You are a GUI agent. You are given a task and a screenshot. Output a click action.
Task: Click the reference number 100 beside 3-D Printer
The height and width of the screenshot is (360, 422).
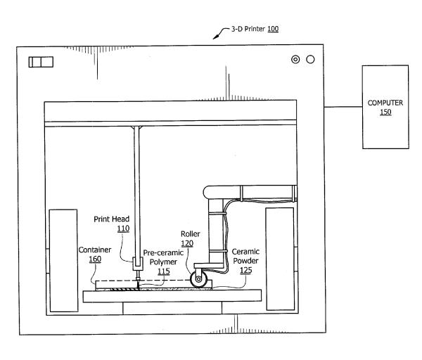coord(273,29)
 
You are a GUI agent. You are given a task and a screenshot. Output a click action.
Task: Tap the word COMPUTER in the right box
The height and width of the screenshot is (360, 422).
coord(385,103)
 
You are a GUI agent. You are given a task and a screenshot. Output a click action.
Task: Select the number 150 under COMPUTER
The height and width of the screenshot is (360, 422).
coord(385,112)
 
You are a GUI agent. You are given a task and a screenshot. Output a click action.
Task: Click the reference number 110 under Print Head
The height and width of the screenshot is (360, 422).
coord(123,229)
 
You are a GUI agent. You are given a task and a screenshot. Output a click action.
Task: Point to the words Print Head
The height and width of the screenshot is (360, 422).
coord(111,219)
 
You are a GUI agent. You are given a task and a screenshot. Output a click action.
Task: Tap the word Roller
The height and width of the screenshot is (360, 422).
coord(191,234)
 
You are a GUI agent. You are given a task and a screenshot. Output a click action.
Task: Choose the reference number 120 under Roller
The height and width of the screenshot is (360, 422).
coord(187,243)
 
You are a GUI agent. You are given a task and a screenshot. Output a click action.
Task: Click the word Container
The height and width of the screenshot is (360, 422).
coord(95,250)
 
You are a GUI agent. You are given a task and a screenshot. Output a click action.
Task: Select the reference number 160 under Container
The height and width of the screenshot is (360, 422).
coord(95,259)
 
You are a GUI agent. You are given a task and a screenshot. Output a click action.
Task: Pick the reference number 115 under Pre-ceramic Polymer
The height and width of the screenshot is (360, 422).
coord(164,271)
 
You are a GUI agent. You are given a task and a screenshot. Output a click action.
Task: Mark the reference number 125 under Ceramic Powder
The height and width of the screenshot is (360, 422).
coord(245,270)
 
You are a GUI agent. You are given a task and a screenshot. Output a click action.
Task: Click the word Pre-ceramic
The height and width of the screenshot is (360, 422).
coord(163,252)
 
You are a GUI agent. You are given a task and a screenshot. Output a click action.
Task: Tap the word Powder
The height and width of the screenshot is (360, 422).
coord(245,261)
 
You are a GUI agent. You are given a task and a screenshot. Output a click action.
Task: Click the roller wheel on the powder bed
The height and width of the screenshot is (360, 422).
coord(198,279)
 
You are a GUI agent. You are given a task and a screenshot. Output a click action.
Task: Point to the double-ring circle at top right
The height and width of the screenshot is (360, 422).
coord(295,60)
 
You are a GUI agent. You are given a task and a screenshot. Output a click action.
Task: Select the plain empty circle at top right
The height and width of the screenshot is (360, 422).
coord(310,60)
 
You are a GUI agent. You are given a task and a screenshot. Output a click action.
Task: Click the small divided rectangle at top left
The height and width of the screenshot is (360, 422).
coord(41,62)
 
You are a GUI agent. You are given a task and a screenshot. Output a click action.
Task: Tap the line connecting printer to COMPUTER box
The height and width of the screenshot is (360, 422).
coord(343,107)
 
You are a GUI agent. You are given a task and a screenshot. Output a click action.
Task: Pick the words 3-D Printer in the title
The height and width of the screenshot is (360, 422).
coord(248,29)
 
